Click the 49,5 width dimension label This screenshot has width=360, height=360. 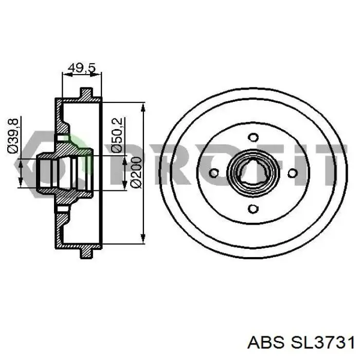coord(82,67)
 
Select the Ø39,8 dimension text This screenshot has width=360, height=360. coord(14,135)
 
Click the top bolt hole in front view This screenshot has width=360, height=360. coord(253,137)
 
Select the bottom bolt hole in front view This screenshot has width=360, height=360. coord(253,209)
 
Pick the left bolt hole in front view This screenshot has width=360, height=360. coord(217,173)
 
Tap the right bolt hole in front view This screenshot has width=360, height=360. coord(293,173)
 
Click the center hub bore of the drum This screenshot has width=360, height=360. coord(254,173)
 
